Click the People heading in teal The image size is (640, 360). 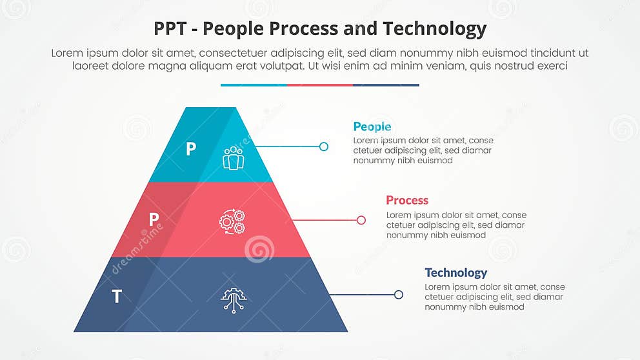[372, 126]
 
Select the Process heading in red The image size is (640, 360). [407, 200]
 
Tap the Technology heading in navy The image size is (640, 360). [455, 272]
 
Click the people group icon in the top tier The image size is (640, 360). [233, 158]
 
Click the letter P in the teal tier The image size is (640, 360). [190, 150]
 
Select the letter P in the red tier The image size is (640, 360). [154, 220]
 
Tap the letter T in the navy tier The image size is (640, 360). [117, 297]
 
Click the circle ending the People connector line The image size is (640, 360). [324, 146]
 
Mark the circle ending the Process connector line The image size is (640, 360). [361, 220]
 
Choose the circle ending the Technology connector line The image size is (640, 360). [399, 295]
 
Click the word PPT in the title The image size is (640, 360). [173, 29]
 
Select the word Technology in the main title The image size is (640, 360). [434, 29]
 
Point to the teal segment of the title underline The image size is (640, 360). [254, 85]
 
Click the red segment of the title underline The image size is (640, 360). [320, 85]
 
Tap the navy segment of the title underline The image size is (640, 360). [386, 85]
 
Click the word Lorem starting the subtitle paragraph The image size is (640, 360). [68, 54]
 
